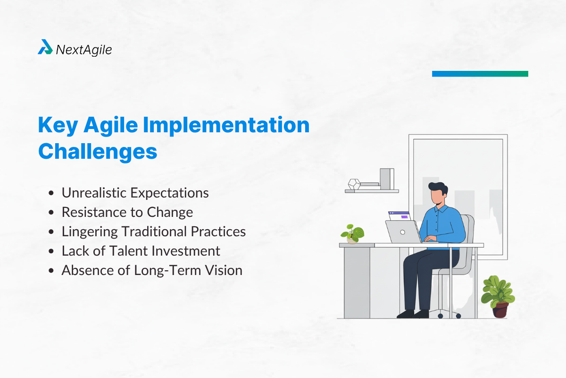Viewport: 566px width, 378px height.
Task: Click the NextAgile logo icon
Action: pyautogui.click(x=45, y=47)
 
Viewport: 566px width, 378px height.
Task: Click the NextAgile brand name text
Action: pyautogui.click(x=84, y=49)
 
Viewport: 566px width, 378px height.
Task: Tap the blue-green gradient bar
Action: pyautogui.click(x=480, y=74)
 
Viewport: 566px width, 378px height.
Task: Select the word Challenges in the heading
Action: pyautogui.click(x=98, y=151)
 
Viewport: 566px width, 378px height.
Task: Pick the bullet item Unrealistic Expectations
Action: pyautogui.click(x=135, y=193)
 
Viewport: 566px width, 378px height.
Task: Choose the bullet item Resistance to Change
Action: pyautogui.click(x=127, y=212)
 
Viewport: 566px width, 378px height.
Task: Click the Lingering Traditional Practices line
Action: pyautogui.click(x=154, y=232)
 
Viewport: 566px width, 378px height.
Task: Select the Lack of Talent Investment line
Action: pyautogui.click(x=141, y=251)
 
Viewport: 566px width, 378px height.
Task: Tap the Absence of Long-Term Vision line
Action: pyautogui.click(x=152, y=270)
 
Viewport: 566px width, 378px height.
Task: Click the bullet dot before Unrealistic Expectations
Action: pyautogui.click(x=51, y=193)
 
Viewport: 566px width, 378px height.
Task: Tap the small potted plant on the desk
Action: pyautogui.click(x=352, y=233)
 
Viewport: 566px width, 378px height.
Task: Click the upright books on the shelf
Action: pyautogui.click(x=386, y=179)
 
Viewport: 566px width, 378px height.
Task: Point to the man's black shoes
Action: pyautogui.click(x=412, y=314)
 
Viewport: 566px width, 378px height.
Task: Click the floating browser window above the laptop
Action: pyautogui.click(x=399, y=215)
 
